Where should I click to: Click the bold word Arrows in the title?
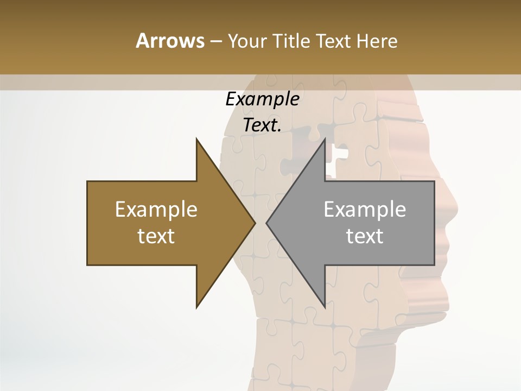coord(170,41)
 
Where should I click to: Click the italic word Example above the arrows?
coord(262,99)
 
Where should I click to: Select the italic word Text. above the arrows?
coord(262,125)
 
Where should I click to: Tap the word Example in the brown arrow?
coord(156,210)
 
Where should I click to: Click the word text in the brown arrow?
coord(156,236)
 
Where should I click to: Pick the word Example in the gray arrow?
coord(365,210)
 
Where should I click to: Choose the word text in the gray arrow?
coord(365,236)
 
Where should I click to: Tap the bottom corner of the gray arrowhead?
coord(325,306)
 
